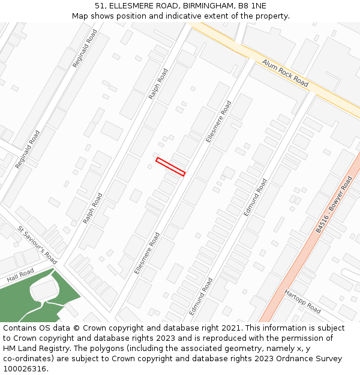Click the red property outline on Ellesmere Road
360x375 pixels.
point(170,167)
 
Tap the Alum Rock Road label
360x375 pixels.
point(285,73)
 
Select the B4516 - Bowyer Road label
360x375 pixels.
point(334,205)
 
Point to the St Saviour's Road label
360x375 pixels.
point(37,245)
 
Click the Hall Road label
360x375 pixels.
point(20,275)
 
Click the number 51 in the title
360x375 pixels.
point(100,5)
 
